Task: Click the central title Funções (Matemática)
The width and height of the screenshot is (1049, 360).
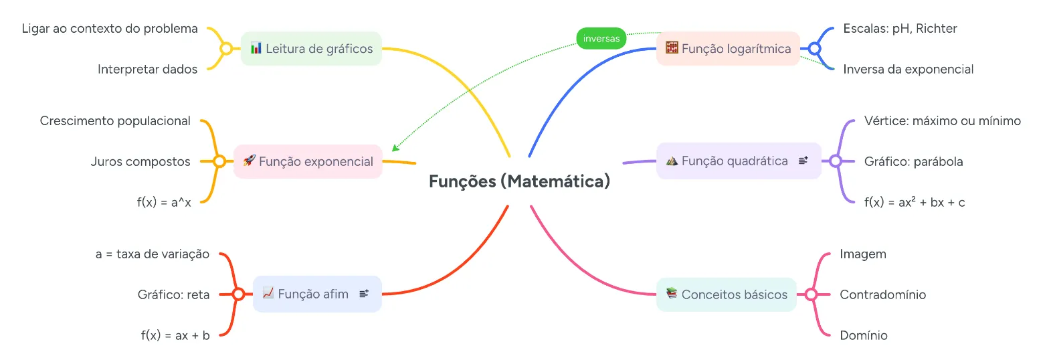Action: (519, 181)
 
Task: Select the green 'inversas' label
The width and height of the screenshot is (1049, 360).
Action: (601, 38)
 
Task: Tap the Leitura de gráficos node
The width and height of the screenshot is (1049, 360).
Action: (312, 49)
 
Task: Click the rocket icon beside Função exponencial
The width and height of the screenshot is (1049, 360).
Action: (249, 161)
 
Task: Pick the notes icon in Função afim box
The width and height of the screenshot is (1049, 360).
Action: (364, 294)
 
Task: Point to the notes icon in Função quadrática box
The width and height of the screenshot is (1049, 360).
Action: (803, 161)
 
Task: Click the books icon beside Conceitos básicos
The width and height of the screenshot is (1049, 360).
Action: (672, 293)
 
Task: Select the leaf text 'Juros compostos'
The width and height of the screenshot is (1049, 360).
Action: (140, 161)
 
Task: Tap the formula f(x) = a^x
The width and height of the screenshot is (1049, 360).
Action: (164, 202)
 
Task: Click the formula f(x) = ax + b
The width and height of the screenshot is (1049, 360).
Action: (175, 335)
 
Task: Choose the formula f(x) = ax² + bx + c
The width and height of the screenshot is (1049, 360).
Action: (915, 202)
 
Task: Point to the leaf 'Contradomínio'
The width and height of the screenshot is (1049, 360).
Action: (883, 294)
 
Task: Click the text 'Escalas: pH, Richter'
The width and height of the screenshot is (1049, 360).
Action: (900, 29)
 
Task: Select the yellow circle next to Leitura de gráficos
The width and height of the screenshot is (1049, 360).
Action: (226, 49)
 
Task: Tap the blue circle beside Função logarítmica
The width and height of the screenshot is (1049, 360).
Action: (815, 49)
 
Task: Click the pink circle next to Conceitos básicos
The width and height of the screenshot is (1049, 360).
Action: (812, 294)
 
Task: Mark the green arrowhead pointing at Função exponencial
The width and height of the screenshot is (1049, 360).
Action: (395, 148)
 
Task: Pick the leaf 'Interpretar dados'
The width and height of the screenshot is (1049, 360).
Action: (147, 70)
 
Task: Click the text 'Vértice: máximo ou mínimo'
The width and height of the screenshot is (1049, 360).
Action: (943, 120)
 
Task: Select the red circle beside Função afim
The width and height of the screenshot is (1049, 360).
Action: (238, 294)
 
